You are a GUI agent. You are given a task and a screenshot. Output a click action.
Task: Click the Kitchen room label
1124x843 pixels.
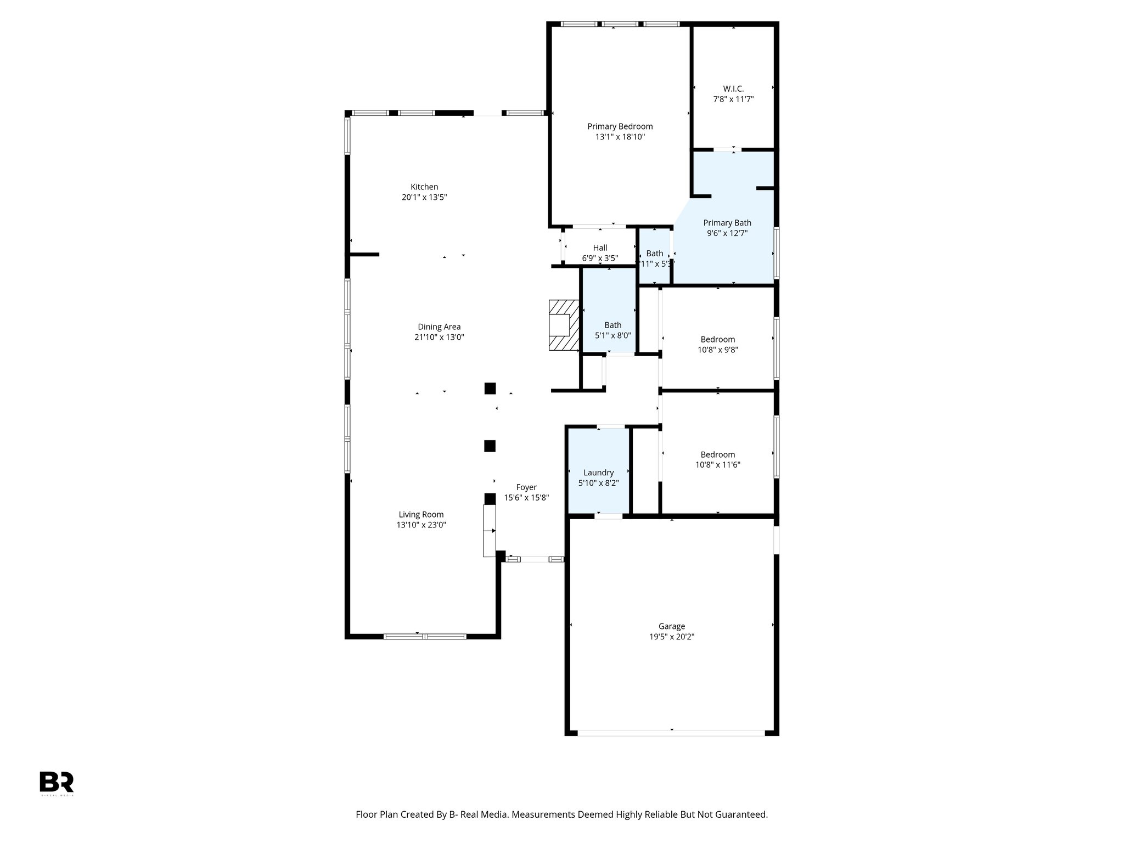click(x=424, y=187)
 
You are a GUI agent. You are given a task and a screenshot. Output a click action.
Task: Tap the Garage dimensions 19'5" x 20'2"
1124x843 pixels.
click(x=671, y=637)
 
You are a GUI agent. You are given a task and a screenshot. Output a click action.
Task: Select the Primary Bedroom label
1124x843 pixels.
click(x=620, y=126)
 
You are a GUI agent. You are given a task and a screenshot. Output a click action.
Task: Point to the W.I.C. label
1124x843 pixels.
click(x=733, y=89)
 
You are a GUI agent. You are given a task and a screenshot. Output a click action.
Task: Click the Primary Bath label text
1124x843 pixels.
click(x=727, y=223)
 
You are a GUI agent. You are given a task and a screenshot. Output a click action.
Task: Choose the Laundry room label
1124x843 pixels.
click(x=598, y=473)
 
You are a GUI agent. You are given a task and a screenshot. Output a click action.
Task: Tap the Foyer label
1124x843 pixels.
click(x=526, y=487)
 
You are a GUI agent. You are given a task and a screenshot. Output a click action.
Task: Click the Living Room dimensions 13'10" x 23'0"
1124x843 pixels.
click(x=421, y=525)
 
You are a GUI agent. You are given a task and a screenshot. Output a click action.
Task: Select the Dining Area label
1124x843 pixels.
click(x=439, y=327)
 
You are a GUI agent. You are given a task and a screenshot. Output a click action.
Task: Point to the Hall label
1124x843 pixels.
click(x=600, y=248)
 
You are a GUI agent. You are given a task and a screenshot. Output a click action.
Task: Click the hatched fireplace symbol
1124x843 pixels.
click(x=564, y=325)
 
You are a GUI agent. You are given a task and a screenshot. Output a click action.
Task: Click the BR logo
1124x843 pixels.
click(x=56, y=782)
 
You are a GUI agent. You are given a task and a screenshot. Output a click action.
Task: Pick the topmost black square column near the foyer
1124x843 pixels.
click(x=490, y=389)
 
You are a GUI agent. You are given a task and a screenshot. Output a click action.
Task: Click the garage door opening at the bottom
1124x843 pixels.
click(x=671, y=733)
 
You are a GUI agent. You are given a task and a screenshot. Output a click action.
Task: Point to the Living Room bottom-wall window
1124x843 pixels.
click(x=424, y=637)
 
